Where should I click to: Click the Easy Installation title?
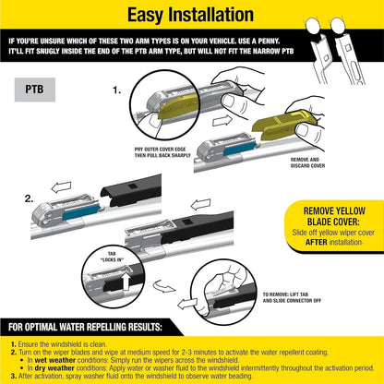(x=191, y=16)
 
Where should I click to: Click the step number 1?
(x=115, y=92)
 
